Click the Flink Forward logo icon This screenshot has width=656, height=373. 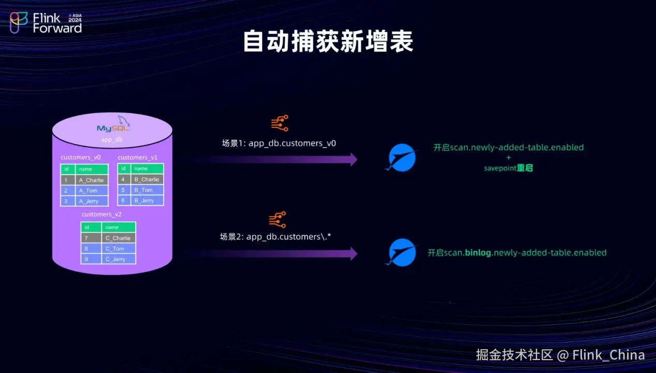[19, 22]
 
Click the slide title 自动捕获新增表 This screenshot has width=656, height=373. [328, 42]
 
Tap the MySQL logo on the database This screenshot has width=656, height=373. [113, 126]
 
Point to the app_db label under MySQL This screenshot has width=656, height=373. [112, 140]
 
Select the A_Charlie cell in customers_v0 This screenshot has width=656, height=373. [91, 180]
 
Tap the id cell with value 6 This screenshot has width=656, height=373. [123, 200]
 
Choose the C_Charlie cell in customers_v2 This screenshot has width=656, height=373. [118, 238]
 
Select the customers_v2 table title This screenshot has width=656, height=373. [101, 214]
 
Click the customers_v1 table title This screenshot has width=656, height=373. [138, 157]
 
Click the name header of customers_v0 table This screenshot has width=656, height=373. [92, 169]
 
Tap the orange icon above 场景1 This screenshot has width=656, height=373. [280, 123]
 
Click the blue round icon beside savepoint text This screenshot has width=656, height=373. [402, 157]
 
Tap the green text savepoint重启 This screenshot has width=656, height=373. [508, 168]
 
